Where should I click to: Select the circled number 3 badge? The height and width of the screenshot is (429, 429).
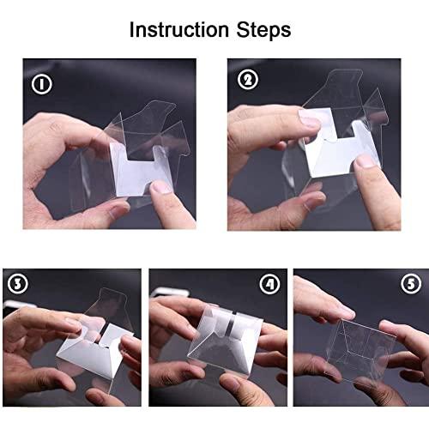[16, 284]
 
